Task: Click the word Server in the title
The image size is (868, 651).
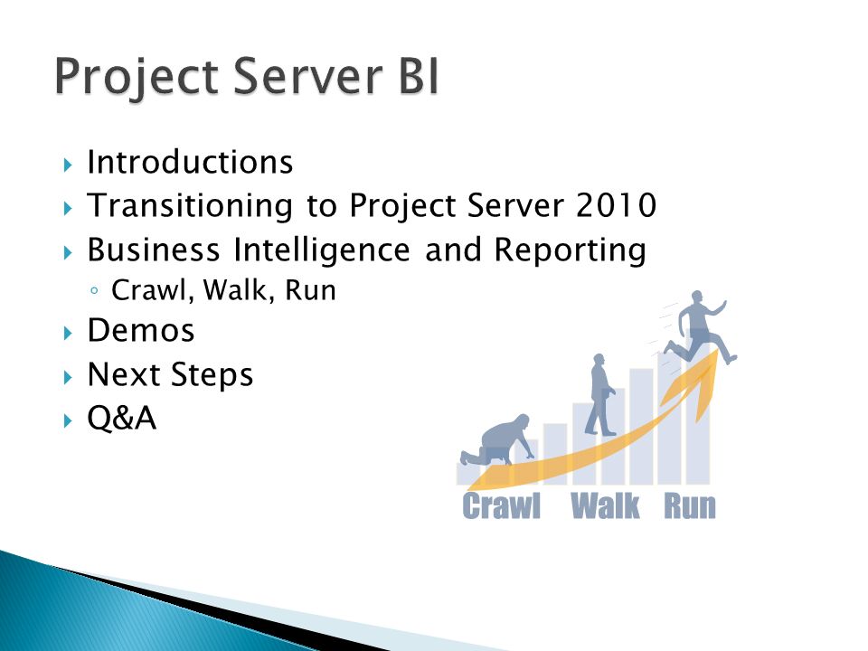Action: [x=307, y=76]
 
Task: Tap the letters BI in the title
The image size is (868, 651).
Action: [x=419, y=76]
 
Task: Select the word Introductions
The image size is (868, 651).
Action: [x=190, y=162]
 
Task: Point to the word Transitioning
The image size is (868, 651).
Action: [x=190, y=206]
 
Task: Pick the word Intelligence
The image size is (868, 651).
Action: [x=322, y=250]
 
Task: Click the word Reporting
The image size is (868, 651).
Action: [x=571, y=250]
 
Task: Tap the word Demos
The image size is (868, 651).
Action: [x=141, y=331]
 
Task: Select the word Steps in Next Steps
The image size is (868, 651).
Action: [x=212, y=375]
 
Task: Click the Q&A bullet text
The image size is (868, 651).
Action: [x=122, y=418]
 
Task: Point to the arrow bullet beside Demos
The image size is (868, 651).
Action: [x=68, y=334]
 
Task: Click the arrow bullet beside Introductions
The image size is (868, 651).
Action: [x=68, y=165]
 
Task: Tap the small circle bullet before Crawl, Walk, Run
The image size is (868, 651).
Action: [x=94, y=290]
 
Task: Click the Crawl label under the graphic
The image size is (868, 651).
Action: [x=502, y=506]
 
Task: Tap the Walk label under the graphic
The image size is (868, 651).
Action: [x=605, y=506]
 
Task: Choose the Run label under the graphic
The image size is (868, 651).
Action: [x=690, y=506]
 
